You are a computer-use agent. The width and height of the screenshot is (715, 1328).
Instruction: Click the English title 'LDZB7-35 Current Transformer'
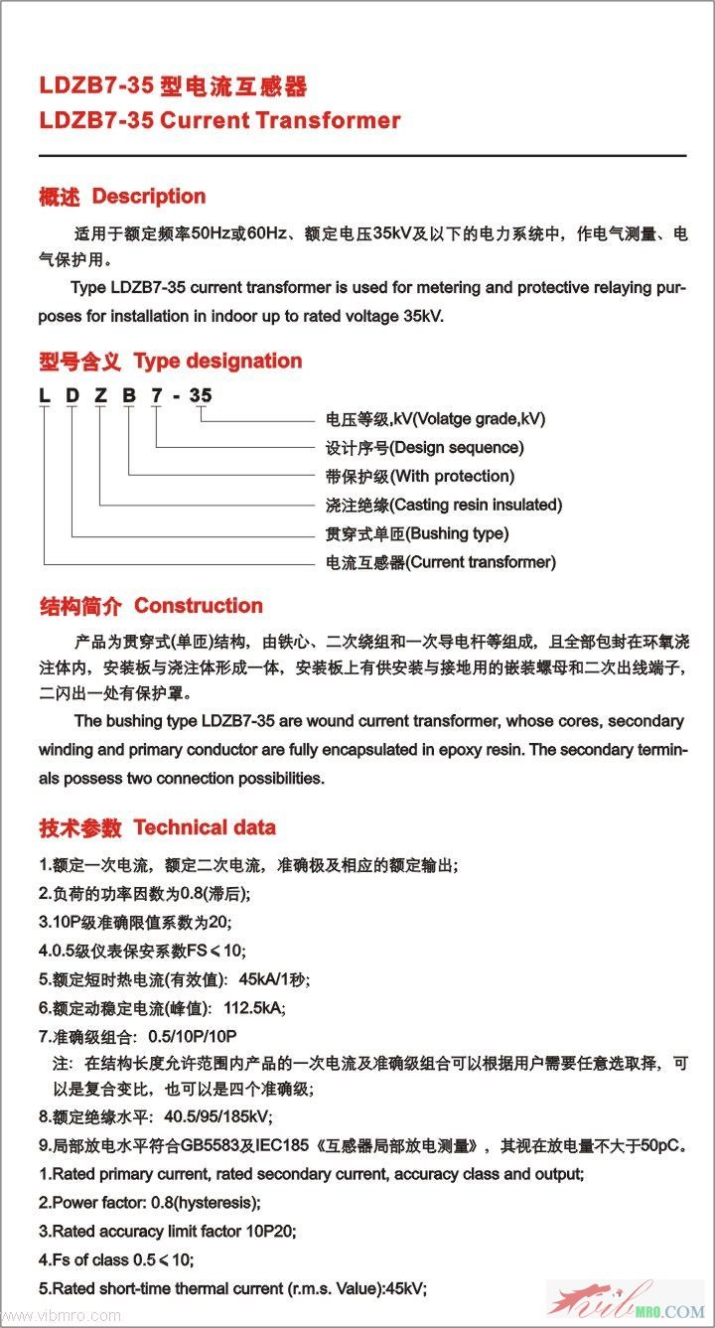click(x=219, y=121)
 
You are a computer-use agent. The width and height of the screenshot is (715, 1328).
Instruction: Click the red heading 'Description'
click(x=149, y=197)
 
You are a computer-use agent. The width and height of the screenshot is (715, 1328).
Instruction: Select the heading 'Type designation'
click(x=217, y=362)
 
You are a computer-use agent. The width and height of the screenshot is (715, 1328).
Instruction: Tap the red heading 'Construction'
click(x=199, y=606)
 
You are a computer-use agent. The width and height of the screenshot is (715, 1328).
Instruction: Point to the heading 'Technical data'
click(x=205, y=827)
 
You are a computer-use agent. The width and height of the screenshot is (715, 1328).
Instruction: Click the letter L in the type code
click(x=45, y=396)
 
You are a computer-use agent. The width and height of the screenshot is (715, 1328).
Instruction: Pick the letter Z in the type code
click(x=100, y=396)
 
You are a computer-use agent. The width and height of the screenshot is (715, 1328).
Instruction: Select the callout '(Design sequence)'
click(x=456, y=448)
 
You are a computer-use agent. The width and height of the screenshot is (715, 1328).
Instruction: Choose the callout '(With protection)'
click(x=452, y=477)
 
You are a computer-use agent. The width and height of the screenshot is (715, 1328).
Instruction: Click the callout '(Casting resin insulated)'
click(x=476, y=505)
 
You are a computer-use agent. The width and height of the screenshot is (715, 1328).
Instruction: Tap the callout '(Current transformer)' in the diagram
click(x=481, y=562)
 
